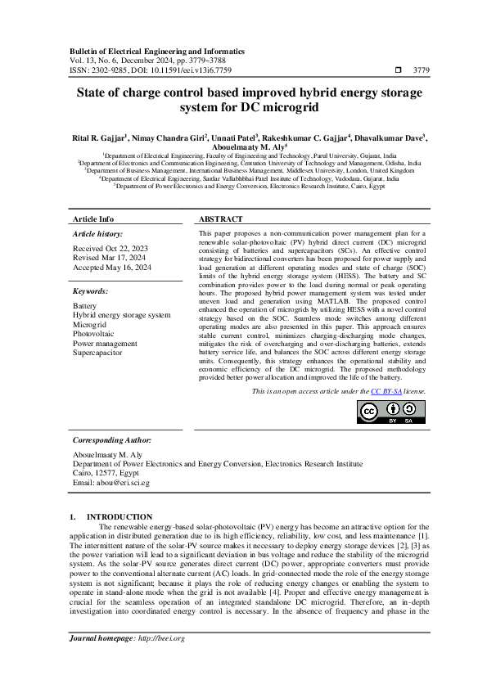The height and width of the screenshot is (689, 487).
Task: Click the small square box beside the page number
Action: click(x=398, y=70)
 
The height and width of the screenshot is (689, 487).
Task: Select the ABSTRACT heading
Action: click(x=221, y=219)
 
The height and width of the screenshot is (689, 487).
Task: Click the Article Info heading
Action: click(x=93, y=219)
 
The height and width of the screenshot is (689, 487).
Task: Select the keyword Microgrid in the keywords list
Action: click(x=89, y=325)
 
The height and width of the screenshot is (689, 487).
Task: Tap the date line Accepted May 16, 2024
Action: click(x=112, y=267)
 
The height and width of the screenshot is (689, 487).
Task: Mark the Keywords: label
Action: click(x=92, y=290)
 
